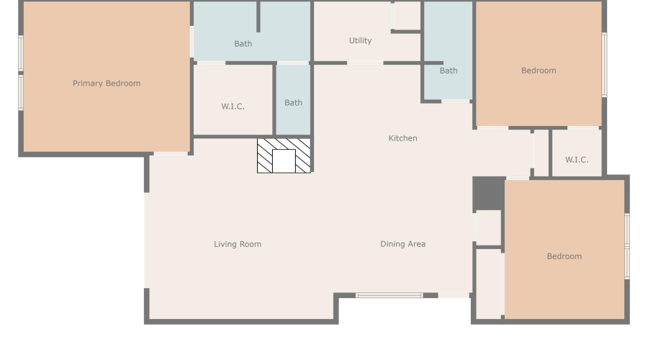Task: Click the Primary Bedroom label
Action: coord(107,83)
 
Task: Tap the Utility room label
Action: coord(361,40)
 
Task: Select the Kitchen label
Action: coord(403,138)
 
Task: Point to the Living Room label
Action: coord(238,244)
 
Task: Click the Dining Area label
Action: coord(403,244)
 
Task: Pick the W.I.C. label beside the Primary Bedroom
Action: coord(233,107)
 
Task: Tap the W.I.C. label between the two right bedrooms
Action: coord(577,160)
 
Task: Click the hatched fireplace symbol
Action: coord(284,156)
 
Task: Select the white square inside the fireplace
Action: coord(284,161)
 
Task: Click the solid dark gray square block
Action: coord(489,194)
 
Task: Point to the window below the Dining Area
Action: coord(390,295)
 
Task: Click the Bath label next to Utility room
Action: coord(449,71)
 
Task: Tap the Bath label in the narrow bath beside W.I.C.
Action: coord(294,102)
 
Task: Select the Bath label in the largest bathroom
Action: coord(243,43)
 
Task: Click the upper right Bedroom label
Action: coord(539,71)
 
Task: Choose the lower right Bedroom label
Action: coord(564,256)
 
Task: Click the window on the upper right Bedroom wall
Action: coord(604,65)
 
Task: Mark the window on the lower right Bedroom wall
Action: coord(627,246)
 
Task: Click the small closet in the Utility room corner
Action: coord(407,16)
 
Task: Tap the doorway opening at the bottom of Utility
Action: coord(365,63)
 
